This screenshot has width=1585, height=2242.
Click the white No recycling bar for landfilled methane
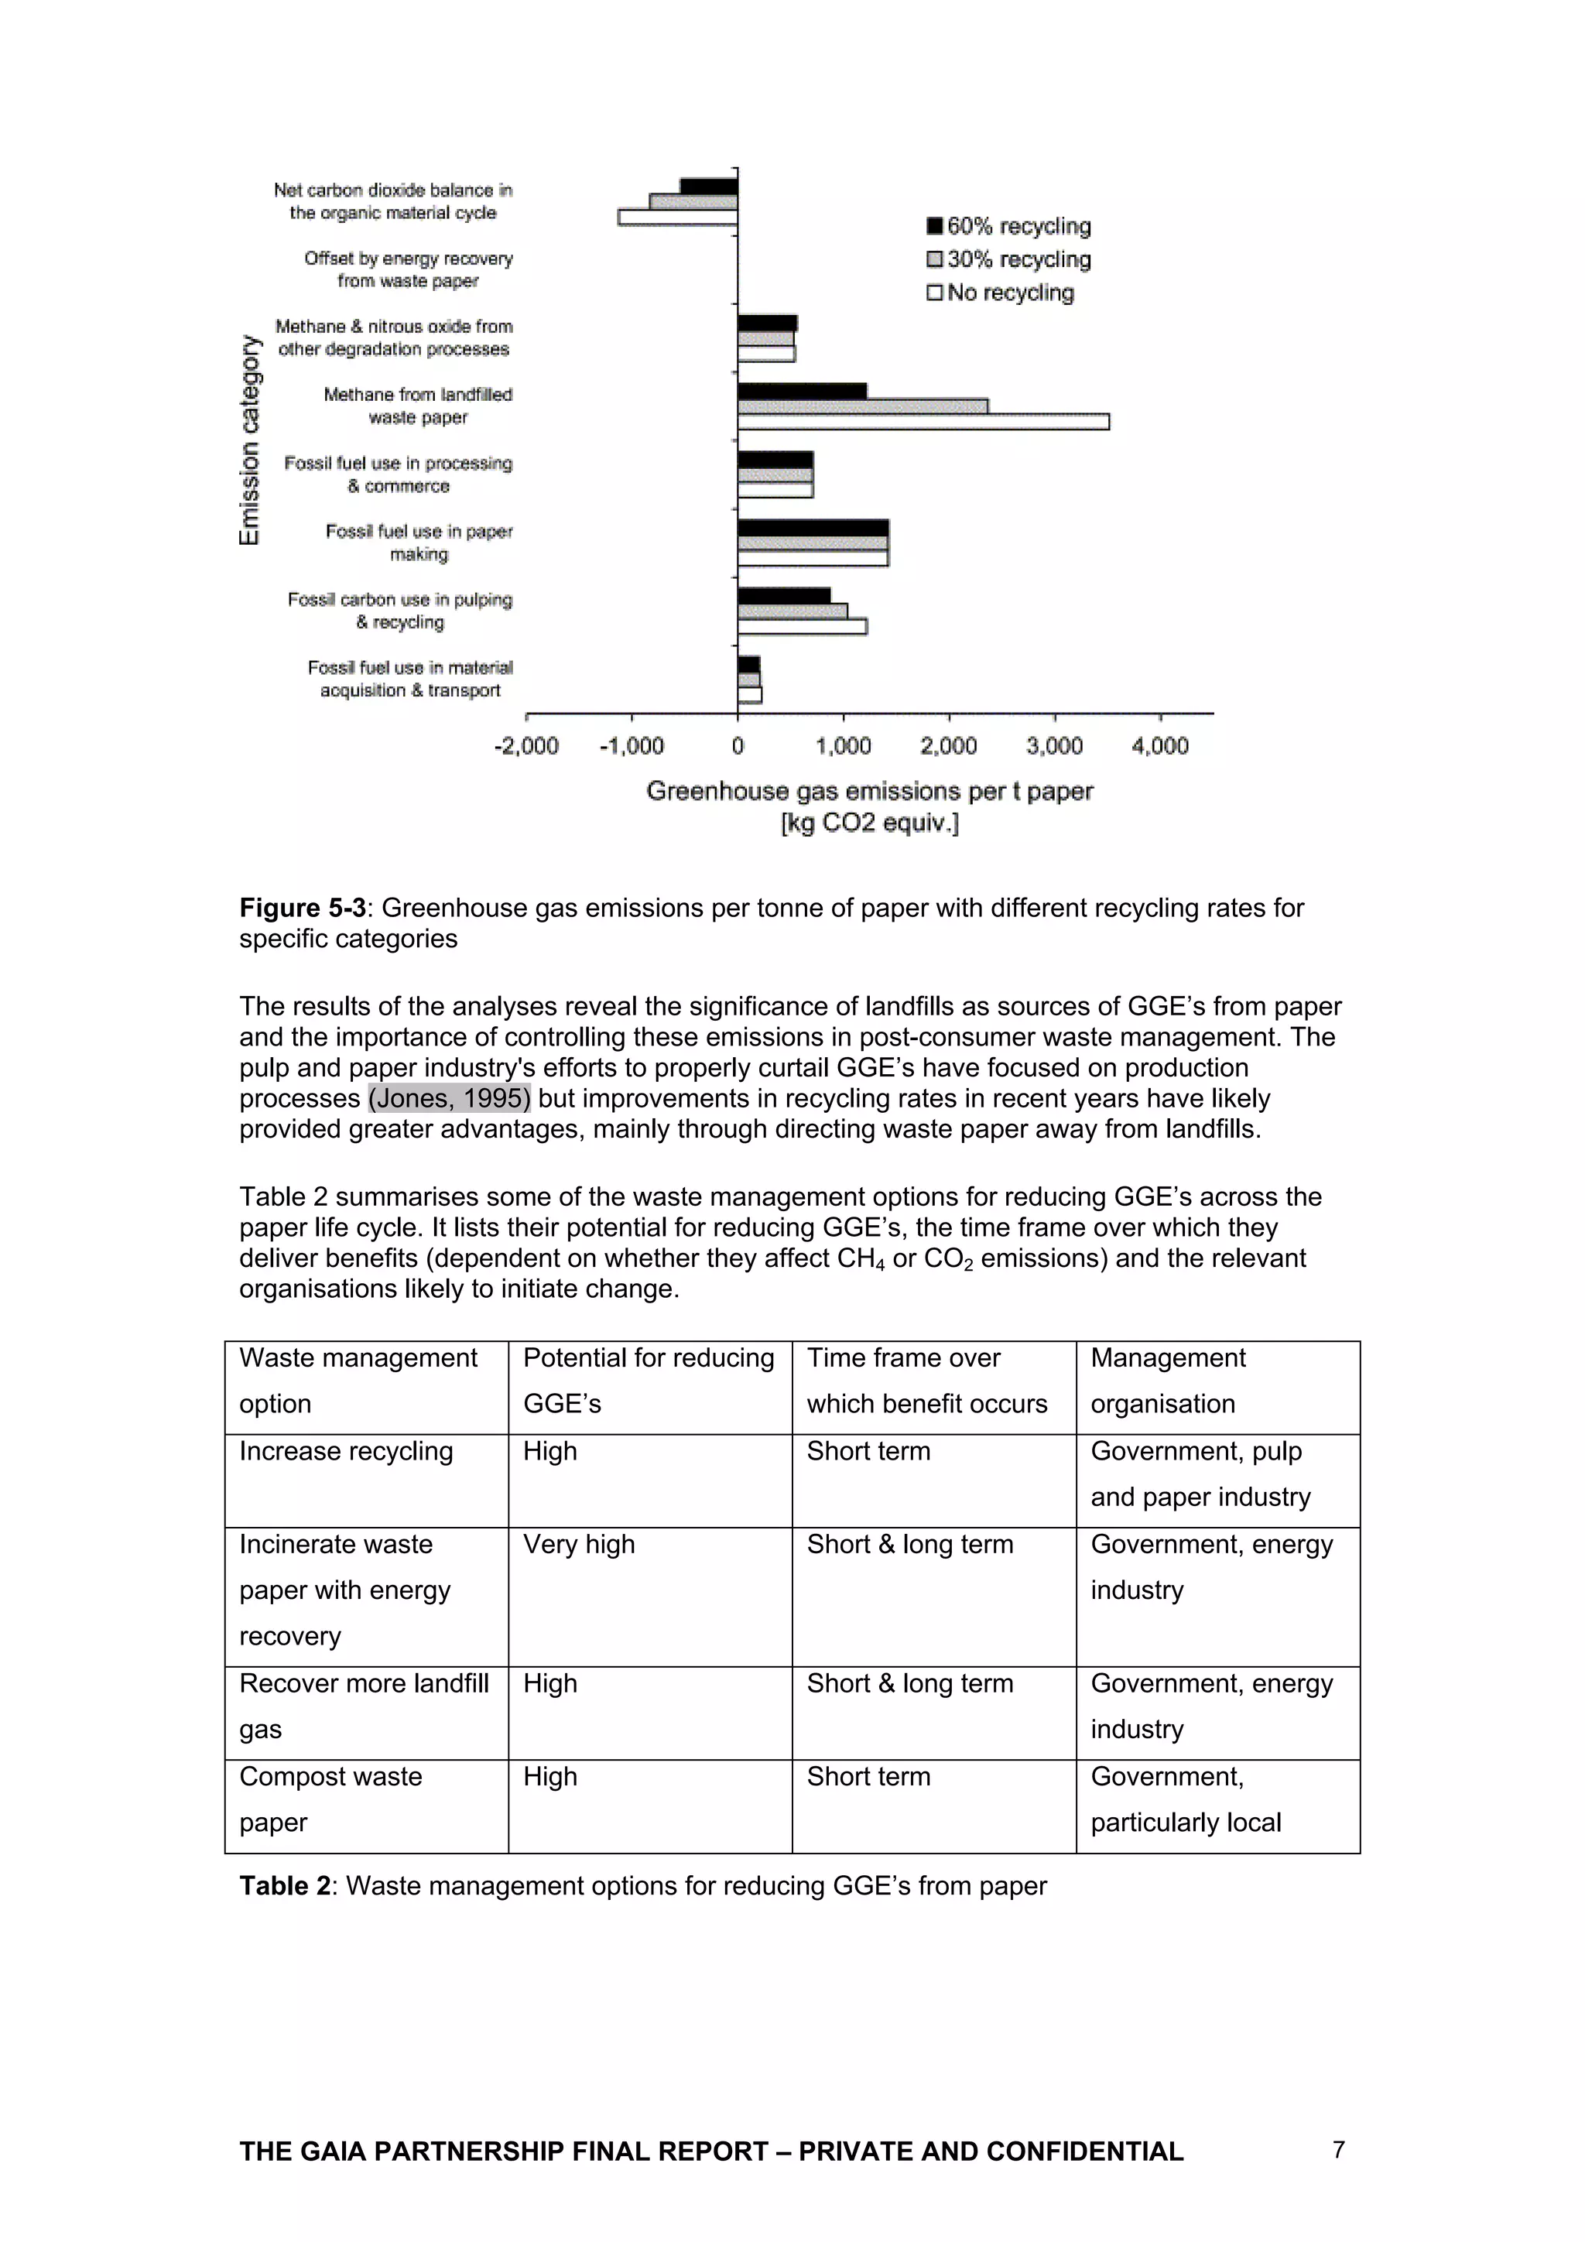click(x=922, y=422)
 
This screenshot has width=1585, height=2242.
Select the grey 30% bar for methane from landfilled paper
click(x=861, y=406)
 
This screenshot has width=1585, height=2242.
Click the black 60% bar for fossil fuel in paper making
click(x=813, y=529)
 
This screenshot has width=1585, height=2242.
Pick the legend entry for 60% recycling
click(x=1009, y=227)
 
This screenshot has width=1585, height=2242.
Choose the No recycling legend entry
click(x=1000, y=293)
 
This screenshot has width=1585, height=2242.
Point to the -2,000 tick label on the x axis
click(x=526, y=746)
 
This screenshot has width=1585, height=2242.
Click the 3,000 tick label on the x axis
click(x=1054, y=746)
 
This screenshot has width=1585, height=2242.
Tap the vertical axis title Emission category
click(x=250, y=440)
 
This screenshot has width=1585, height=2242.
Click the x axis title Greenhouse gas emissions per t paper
click(x=869, y=791)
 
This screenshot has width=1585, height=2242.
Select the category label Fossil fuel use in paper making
click(x=419, y=543)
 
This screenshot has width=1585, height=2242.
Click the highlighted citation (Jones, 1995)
click(x=449, y=1098)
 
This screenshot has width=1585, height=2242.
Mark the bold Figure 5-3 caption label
click(x=302, y=908)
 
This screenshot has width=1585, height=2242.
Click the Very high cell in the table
click(x=578, y=1544)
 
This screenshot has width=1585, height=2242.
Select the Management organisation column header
click(x=1167, y=1380)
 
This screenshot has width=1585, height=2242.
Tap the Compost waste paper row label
click(x=330, y=1799)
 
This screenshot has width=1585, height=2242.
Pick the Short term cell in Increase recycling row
click(x=868, y=1451)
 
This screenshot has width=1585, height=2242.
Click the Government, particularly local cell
click(x=1185, y=1799)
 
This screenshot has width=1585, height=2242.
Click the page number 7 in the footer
click(x=1338, y=2149)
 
